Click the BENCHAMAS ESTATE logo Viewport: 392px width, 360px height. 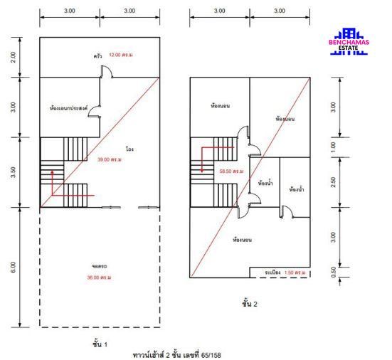click(x=349, y=41)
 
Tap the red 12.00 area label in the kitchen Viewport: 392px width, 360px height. click(x=120, y=55)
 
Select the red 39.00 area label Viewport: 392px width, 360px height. click(x=110, y=159)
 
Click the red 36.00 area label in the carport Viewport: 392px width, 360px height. click(x=99, y=277)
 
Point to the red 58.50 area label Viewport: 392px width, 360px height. click(x=231, y=171)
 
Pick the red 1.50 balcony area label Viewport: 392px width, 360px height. click(x=295, y=272)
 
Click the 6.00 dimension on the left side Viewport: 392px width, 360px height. click(x=13, y=268)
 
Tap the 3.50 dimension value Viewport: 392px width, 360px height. click(x=13, y=172)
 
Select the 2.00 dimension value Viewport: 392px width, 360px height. click(x=13, y=57)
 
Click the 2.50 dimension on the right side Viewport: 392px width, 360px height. click(x=333, y=182)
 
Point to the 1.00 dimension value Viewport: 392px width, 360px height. click(x=333, y=147)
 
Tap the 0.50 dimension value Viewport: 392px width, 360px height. click(x=333, y=272)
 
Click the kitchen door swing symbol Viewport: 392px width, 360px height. click(x=107, y=72)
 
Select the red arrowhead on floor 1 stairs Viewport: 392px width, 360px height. click(x=52, y=172)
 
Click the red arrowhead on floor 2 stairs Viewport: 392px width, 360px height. click(x=202, y=171)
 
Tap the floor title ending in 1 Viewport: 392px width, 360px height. click(x=100, y=344)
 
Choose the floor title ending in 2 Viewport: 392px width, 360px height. click(x=250, y=304)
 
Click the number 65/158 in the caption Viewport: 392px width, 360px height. click(x=211, y=355)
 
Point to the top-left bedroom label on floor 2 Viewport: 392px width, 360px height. click(x=221, y=106)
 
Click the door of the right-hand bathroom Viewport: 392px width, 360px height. click(x=287, y=212)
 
